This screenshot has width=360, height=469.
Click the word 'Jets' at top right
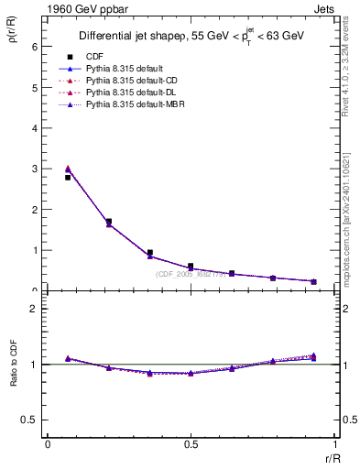tap(324, 8)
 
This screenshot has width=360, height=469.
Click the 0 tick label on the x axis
tap(48, 446)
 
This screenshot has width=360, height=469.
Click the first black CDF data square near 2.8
tap(68, 178)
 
